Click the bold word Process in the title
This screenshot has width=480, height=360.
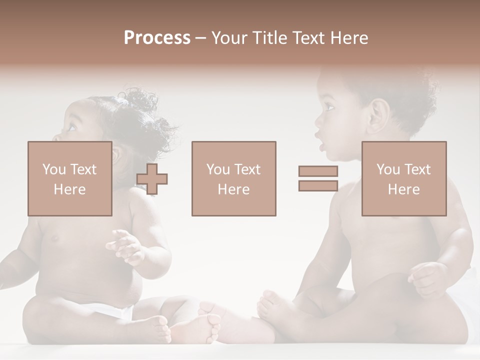pos(157,38)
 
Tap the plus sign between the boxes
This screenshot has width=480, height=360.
pos(152,178)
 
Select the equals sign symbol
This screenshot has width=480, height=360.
pos(318,178)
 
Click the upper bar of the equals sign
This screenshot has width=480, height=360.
pos(318,171)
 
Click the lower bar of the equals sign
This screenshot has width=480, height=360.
pos(318,186)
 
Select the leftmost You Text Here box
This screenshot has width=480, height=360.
pos(69,178)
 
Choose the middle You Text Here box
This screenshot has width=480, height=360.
pos(233,178)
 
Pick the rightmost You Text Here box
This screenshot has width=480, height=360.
pos(403,178)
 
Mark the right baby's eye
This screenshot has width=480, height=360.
pos(329,106)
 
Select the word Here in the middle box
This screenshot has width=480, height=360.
pos(233,189)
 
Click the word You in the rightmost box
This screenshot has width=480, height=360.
pos(388,169)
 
